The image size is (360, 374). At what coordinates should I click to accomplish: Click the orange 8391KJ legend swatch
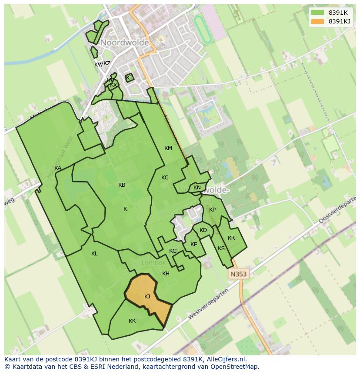tap(317, 21)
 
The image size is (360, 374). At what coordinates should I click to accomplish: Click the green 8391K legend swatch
tap(317, 13)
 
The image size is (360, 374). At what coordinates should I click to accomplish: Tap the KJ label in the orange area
tap(147, 297)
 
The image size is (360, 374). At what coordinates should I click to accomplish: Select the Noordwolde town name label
tap(125, 43)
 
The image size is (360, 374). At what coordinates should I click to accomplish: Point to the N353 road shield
tap(238, 274)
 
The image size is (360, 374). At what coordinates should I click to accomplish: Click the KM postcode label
tap(168, 148)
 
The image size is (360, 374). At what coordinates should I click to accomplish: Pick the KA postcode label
tap(58, 168)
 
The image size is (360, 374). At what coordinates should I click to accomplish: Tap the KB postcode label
tap(122, 185)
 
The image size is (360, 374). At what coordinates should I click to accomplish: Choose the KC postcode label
tap(165, 178)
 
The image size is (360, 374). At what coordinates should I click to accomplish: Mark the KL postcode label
tap(94, 254)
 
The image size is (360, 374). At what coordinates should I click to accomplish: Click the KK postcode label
tap(132, 321)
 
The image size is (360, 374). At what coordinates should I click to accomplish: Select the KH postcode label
tap(166, 274)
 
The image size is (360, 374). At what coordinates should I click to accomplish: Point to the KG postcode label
tap(173, 251)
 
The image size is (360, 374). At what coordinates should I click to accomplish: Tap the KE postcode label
tap(194, 245)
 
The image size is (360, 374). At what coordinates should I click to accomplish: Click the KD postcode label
tap(203, 230)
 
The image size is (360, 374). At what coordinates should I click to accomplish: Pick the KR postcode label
tap(231, 238)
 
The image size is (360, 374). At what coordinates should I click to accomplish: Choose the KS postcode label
tap(221, 248)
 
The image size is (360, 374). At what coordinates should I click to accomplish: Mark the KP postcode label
tap(212, 210)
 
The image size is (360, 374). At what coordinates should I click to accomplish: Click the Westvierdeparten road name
tap(208, 304)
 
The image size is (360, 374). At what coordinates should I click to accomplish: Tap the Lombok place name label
tap(153, 263)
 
